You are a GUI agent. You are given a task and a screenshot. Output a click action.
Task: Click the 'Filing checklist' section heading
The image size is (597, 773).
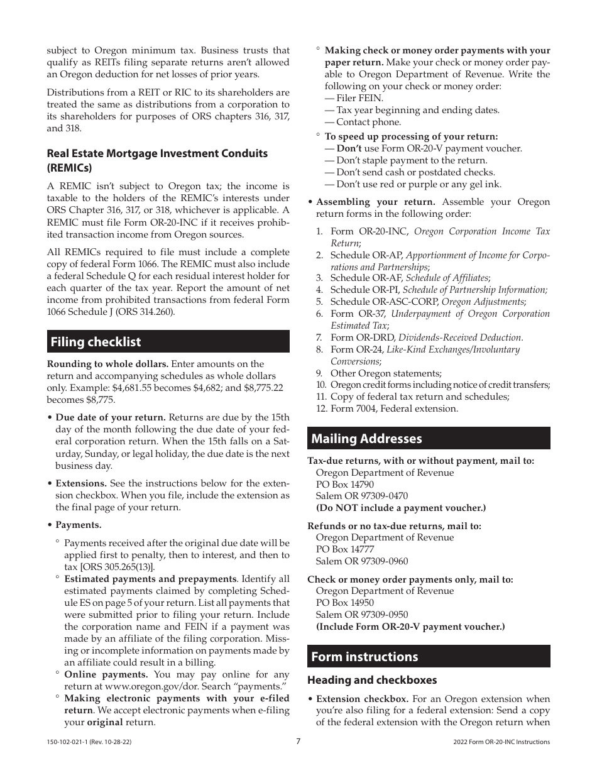[96, 342]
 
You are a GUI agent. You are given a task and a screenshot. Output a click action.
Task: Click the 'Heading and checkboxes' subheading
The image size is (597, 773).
[371, 680]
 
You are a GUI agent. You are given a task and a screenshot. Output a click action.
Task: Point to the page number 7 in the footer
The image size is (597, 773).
[298, 741]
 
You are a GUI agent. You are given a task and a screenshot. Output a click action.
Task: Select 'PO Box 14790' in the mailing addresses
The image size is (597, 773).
[344, 485]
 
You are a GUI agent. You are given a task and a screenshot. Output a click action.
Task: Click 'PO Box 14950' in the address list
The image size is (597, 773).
[344, 603]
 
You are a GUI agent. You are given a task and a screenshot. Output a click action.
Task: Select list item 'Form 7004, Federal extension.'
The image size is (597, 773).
[394, 408]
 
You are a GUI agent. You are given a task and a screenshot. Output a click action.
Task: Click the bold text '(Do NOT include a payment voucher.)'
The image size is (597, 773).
[400, 508]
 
